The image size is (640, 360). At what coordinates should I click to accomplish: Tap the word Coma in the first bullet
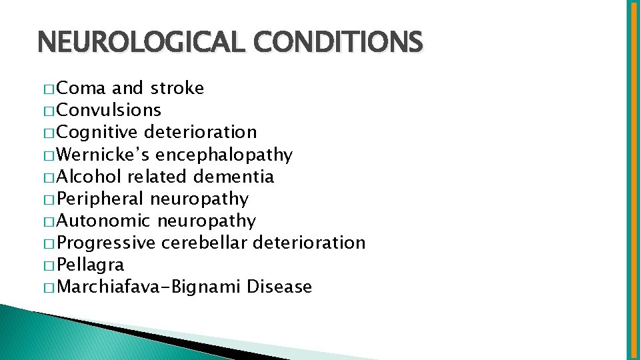(82, 88)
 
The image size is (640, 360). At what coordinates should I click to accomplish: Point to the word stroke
(177, 88)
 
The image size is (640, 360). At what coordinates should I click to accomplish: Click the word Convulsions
(109, 110)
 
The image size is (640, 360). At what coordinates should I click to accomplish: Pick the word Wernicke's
(103, 155)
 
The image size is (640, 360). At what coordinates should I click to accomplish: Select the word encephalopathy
(224, 155)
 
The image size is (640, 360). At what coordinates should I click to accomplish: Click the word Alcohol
(89, 177)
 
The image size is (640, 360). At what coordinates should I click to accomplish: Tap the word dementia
(234, 177)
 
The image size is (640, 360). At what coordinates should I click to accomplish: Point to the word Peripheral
(101, 199)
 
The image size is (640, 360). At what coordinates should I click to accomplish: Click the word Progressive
(107, 243)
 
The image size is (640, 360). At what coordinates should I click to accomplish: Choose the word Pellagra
(91, 265)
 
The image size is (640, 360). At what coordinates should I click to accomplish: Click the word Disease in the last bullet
(279, 287)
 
